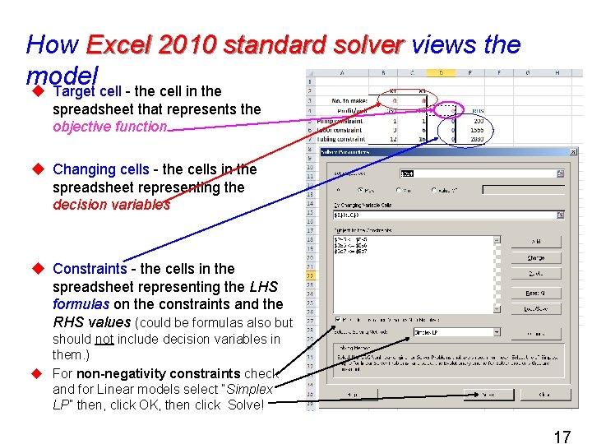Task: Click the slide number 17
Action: pyautogui.click(x=562, y=437)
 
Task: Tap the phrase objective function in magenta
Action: pyautogui.click(x=109, y=127)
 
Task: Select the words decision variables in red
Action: pyautogui.click(x=111, y=205)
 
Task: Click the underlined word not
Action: pyautogui.click(x=104, y=339)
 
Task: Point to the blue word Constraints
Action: pyautogui.click(x=90, y=269)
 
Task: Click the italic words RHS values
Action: pyautogui.click(x=91, y=322)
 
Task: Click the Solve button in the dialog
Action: pyautogui.click(x=487, y=395)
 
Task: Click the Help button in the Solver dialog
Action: pyautogui.click(x=351, y=395)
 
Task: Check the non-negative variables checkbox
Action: pyautogui.click(x=339, y=320)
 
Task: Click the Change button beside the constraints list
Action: pyautogui.click(x=535, y=257)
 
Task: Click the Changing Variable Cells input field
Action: pyautogui.click(x=444, y=215)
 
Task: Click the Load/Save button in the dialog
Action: pyautogui.click(x=535, y=308)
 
